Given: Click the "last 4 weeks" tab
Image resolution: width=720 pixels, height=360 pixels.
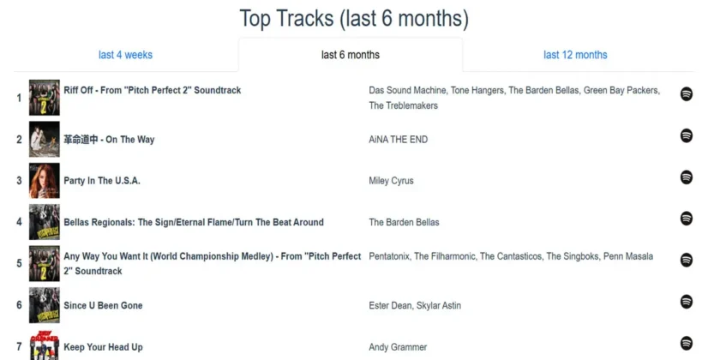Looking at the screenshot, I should tap(125, 55).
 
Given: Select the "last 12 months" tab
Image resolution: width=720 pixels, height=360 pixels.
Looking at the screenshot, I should tap(575, 55).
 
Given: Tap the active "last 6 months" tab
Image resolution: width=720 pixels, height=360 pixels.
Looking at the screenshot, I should tap(351, 55).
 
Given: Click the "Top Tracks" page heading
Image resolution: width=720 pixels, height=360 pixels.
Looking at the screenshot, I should tap(354, 18).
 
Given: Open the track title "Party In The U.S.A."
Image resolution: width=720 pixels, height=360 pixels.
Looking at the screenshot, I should tap(102, 181).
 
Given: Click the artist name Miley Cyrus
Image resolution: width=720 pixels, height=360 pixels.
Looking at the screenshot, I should tap(391, 181).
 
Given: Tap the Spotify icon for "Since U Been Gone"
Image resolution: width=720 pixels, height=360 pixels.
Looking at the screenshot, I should tap(686, 302).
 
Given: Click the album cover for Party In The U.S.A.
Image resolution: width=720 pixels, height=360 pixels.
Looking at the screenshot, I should tap(44, 181).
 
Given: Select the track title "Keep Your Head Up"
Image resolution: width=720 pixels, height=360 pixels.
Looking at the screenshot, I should tap(103, 347).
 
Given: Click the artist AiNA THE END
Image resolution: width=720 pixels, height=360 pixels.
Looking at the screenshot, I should tap(398, 140).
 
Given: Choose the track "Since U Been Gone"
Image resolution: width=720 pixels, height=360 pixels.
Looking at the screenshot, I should tap(103, 306).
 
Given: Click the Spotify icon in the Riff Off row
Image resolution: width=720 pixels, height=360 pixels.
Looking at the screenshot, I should tap(686, 94).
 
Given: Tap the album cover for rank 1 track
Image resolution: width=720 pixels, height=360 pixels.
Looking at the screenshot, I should tap(44, 98).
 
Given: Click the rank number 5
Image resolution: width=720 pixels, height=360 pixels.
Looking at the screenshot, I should tap(19, 263).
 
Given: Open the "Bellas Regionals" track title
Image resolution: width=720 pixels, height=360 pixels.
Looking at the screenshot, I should tap(194, 222).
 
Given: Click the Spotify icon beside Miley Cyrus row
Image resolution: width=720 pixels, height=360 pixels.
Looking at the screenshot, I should tap(686, 177).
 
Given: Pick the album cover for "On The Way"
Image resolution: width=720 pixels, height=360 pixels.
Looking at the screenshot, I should tap(44, 139).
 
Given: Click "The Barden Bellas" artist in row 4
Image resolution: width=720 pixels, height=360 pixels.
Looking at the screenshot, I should tap(404, 222).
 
